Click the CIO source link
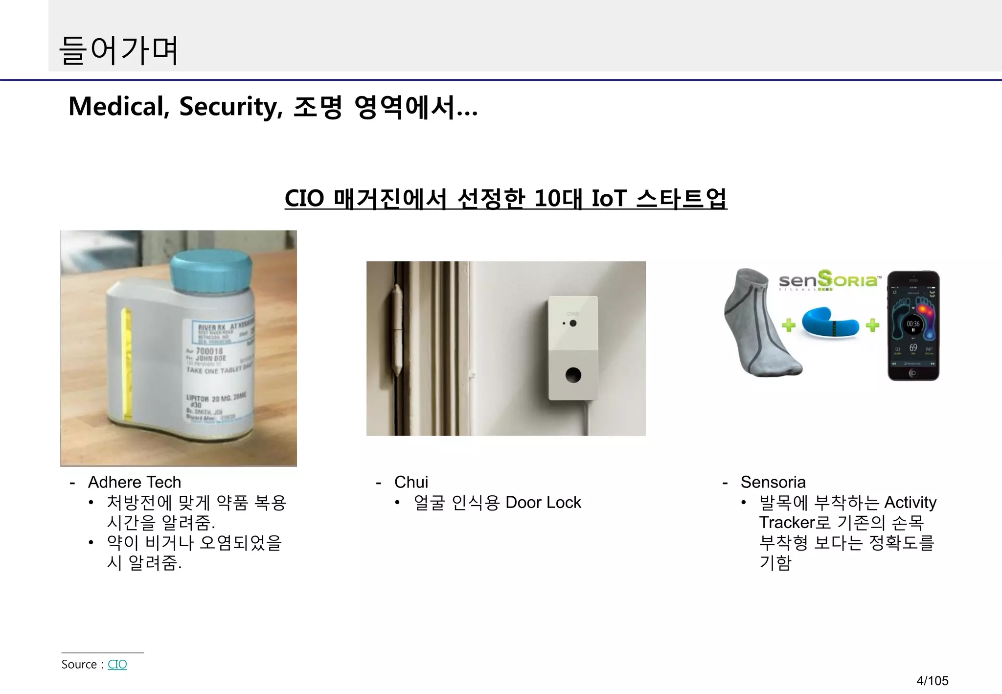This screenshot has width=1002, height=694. (117, 664)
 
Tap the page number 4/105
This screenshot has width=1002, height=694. (932, 680)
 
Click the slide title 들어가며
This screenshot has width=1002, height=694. (119, 50)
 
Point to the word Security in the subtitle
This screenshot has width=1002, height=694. (230, 107)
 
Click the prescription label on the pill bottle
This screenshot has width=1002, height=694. (218, 372)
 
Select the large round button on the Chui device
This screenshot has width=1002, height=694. (573, 375)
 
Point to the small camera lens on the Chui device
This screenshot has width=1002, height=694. (573, 323)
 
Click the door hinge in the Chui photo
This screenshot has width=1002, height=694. (396, 330)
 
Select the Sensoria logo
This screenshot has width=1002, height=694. (829, 280)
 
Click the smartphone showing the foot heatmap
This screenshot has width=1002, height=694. (913, 325)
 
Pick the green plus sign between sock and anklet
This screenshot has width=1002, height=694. (788, 324)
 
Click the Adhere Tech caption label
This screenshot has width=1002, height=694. (135, 482)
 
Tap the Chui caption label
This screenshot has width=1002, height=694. (411, 482)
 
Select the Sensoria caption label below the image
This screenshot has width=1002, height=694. (773, 482)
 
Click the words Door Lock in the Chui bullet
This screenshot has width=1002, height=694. (543, 503)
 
